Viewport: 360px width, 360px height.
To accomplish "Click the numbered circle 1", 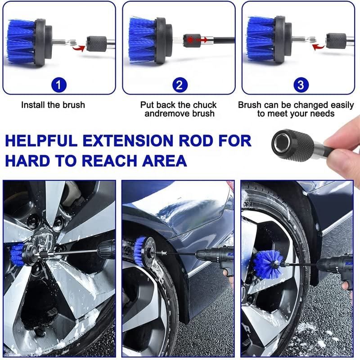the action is pyautogui.click(x=59, y=85).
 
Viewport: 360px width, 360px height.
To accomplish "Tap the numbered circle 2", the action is pyautogui.click(x=180, y=85).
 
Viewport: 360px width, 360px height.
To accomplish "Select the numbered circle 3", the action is pyautogui.click(x=301, y=85).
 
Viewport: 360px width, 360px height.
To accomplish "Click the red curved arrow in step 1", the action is pyautogui.click(x=78, y=48).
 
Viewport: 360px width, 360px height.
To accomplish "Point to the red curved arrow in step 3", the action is pyautogui.click(x=319, y=47).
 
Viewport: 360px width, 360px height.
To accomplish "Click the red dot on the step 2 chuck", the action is pyautogui.click(x=190, y=40).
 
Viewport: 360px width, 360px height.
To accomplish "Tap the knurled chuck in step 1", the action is pyautogui.click(x=96, y=43).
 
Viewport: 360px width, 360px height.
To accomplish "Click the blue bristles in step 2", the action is pyautogui.click(x=143, y=40).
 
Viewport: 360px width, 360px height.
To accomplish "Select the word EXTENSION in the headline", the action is pyautogui.click(x=128, y=140).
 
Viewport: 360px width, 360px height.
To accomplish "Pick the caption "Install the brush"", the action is pyautogui.click(x=53, y=105).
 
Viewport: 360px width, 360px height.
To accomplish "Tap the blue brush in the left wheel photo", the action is pyautogui.click(x=17, y=254).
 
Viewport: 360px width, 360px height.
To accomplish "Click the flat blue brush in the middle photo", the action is pyautogui.click(x=139, y=252).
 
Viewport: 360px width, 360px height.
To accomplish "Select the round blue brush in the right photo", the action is pyautogui.click(x=268, y=264).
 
